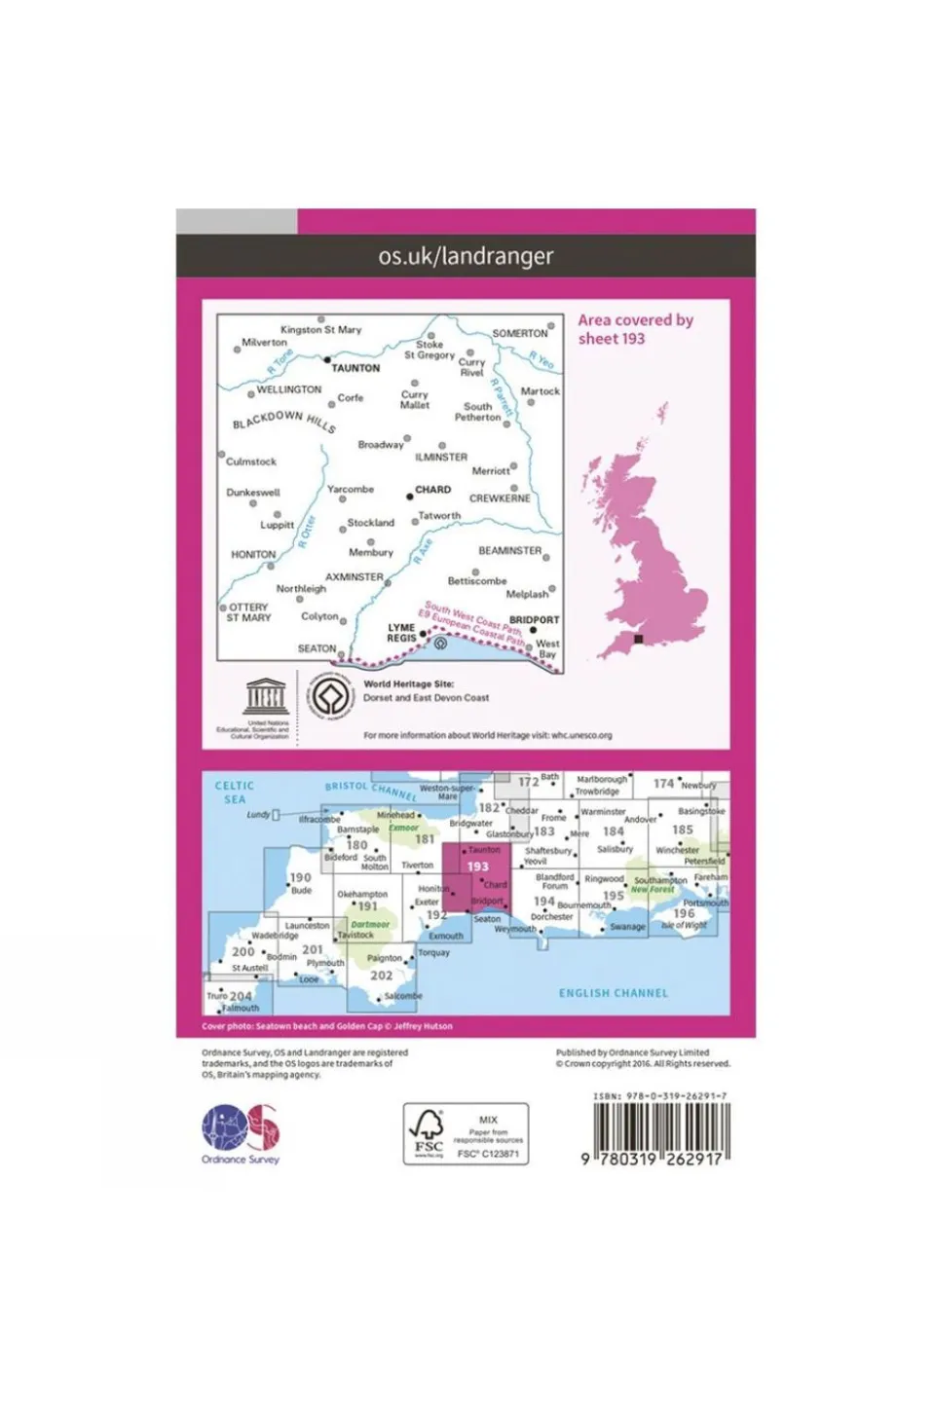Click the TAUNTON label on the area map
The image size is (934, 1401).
(355, 368)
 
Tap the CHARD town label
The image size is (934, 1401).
(432, 490)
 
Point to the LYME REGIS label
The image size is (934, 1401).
(401, 633)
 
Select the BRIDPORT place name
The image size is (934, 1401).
(534, 619)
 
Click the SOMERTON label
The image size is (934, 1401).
(520, 333)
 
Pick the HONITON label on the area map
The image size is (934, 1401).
(253, 554)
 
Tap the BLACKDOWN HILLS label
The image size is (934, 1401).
(283, 421)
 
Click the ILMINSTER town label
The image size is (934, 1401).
(441, 457)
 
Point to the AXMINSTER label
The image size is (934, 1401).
(355, 576)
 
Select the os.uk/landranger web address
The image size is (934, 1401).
(466, 256)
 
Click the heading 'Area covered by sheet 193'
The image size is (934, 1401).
(635, 329)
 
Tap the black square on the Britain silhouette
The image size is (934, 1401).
(639, 640)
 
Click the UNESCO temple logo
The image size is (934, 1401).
(264, 697)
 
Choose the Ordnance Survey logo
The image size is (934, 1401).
(241, 1133)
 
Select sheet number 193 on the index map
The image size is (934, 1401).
(477, 866)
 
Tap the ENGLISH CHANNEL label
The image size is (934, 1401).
(614, 993)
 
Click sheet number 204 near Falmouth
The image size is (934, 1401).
(241, 996)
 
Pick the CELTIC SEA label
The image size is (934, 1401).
(235, 793)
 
